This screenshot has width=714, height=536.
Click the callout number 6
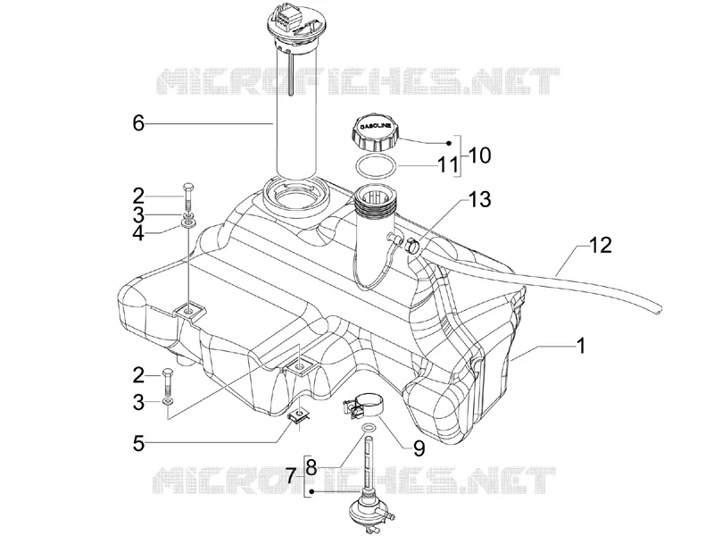pos(138,123)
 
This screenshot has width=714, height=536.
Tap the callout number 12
pos(601,245)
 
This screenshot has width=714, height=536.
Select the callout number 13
pos(480,199)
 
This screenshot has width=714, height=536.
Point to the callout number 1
pos(580,346)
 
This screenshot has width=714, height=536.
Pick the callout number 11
pos(448,165)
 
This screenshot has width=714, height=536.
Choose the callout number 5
pos(138,443)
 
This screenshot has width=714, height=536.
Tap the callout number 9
pos(419,448)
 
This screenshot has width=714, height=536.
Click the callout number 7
pos(292,477)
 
